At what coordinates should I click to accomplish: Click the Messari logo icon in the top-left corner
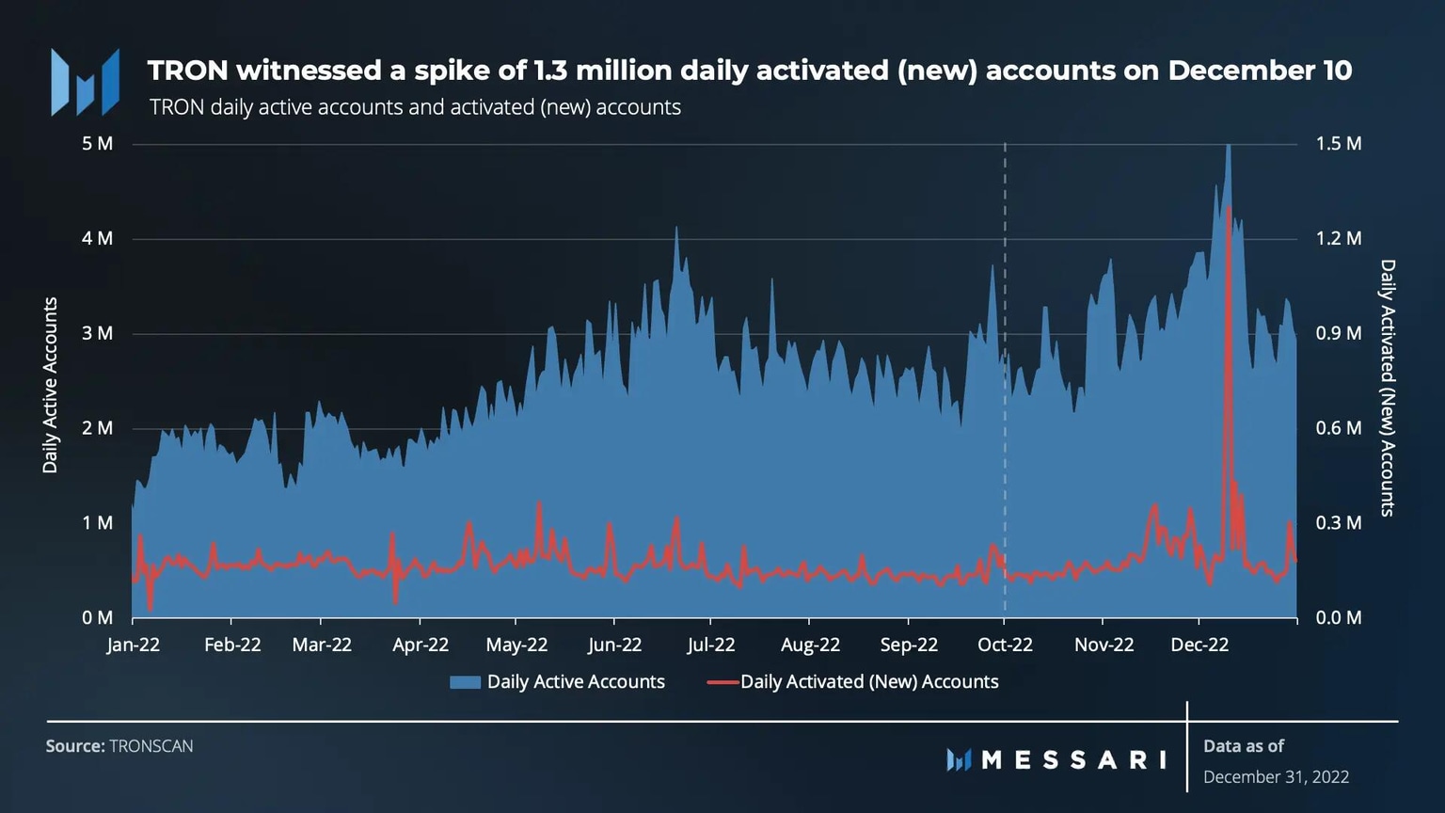click(86, 83)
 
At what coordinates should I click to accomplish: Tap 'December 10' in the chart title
click(1260, 71)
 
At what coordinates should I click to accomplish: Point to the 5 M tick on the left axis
click(97, 144)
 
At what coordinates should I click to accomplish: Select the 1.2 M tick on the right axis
click(1338, 238)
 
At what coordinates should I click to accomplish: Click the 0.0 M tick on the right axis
click(1338, 617)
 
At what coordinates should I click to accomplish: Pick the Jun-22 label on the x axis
click(614, 645)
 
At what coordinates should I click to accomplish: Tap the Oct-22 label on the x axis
click(1005, 645)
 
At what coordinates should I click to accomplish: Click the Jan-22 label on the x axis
click(133, 645)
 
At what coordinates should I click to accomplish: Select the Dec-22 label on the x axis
click(1199, 645)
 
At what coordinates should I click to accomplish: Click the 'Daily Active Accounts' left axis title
click(51, 385)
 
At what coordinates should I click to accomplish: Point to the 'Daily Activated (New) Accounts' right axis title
click(1387, 388)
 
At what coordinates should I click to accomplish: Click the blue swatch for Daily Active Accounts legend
click(465, 682)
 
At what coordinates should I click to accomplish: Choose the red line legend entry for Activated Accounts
click(722, 682)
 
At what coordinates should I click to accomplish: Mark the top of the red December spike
click(1229, 207)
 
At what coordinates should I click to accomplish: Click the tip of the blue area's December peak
click(1228, 145)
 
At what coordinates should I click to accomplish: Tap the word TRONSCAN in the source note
click(151, 746)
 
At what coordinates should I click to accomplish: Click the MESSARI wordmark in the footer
click(1072, 759)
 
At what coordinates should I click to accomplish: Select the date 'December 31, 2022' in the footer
click(1276, 777)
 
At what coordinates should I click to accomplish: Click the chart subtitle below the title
click(415, 107)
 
